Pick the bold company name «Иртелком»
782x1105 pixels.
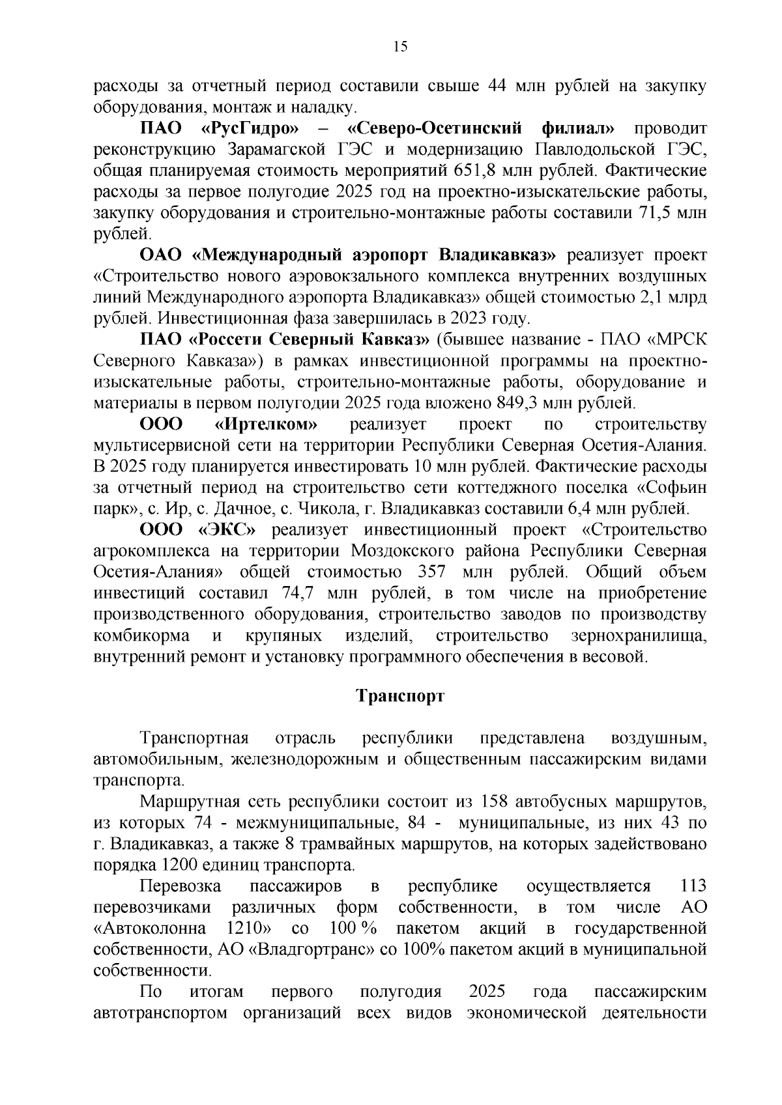[x=266, y=425]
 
